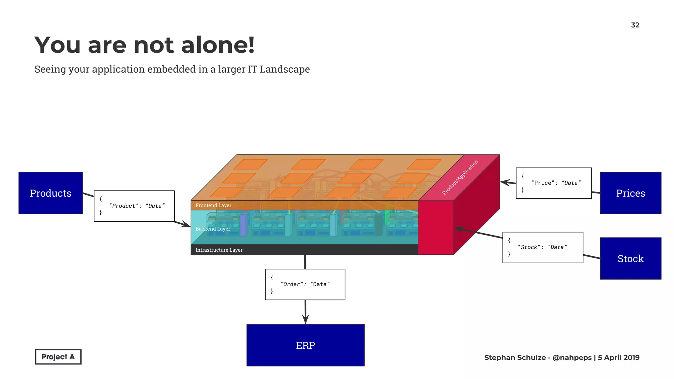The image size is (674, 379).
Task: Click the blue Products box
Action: [50, 193]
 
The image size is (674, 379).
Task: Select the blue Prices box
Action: [630, 193]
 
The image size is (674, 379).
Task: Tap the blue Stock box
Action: [630, 259]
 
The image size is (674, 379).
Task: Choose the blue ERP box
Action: [305, 345]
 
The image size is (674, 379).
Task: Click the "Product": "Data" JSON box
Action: [134, 206]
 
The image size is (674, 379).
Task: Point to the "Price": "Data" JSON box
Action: [554, 183]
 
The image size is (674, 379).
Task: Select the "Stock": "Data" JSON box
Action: [542, 247]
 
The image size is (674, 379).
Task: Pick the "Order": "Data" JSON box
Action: [305, 284]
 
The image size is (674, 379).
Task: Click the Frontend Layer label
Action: [213, 205]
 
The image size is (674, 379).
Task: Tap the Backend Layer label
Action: [213, 229]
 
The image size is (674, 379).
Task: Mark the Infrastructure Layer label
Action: [219, 250]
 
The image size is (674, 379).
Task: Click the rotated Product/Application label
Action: [460, 178]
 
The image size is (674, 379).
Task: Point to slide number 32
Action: [635, 25]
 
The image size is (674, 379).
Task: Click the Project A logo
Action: [58, 357]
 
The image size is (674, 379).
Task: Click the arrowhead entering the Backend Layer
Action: [186, 225]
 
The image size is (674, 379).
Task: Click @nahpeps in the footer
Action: [572, 358]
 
